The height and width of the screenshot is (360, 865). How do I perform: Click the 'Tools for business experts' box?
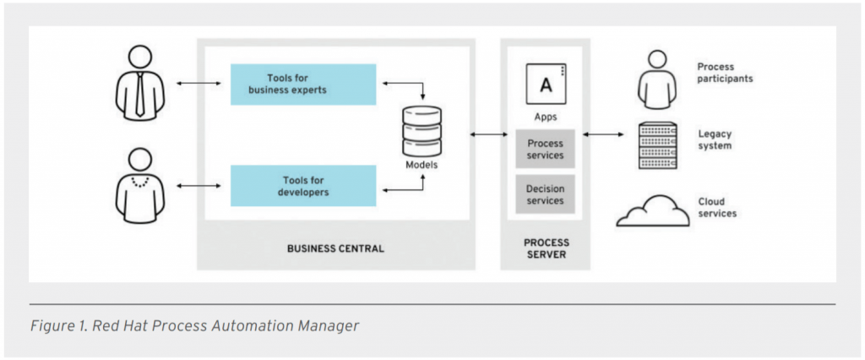click(x=303, y=85)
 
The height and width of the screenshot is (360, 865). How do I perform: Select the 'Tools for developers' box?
click(x=303, y=186)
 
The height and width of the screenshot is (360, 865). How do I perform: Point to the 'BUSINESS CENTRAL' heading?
click(x=335, y=248)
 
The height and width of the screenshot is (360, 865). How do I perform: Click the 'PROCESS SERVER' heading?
click(x=545, y=248)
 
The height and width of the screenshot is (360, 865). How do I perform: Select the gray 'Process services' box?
click(x=545, y=149)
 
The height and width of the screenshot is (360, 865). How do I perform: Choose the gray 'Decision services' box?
click(x=545, y=194)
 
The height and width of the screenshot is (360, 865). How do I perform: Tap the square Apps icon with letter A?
click(x=545, y=84)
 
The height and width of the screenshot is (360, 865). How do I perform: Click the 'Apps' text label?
click(x=545, y=117)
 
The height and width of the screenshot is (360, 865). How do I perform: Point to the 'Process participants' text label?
click(x=724, y=73)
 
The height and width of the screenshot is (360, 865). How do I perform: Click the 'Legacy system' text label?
click(x=715, y=139)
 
